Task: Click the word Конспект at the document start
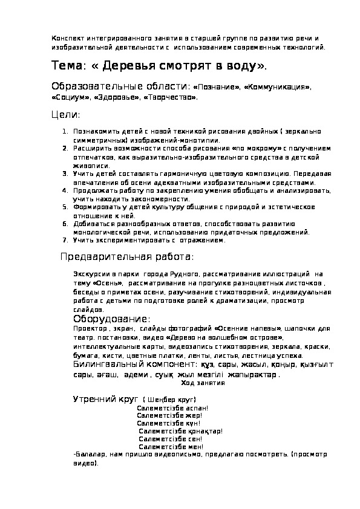pyautogui.click(x=67, y=38)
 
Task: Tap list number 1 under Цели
pyautogui.click(x=66, y=131)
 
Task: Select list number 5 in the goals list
pyautogui.click(x=66, y=207)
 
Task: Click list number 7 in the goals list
pyautogui.click(x=66, y=240)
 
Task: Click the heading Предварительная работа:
pyautogui.click(x=126, y=258)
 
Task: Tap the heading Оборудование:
pyautogui.click(x=111, y=319)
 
